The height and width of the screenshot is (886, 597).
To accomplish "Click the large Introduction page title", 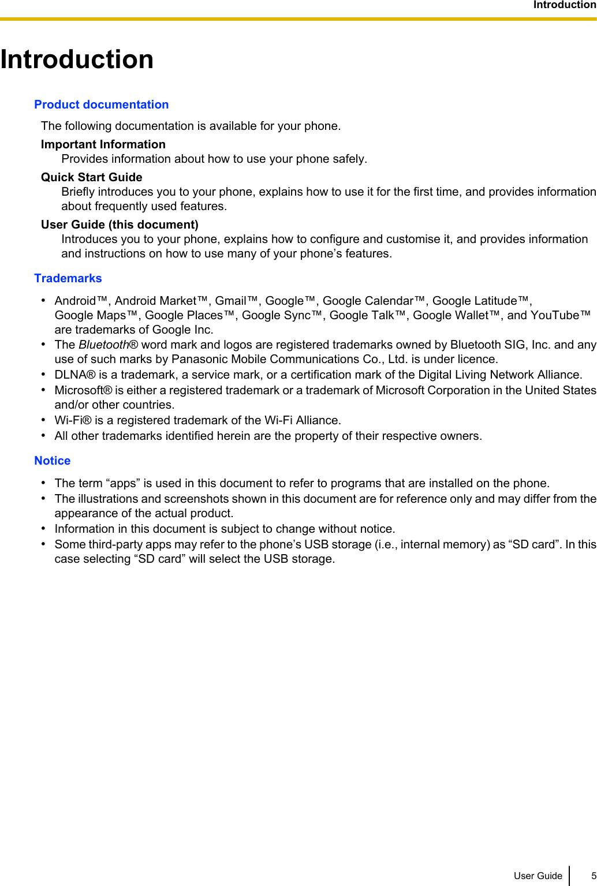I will (77, 59).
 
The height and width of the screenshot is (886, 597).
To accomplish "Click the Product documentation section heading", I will (101, 104).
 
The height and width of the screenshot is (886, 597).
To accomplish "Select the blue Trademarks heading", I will (68, 278).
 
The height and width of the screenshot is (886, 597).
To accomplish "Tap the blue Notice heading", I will (52, 461).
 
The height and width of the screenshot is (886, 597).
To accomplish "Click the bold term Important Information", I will (103, 144).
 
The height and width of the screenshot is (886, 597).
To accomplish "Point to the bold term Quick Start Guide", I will (91, 177).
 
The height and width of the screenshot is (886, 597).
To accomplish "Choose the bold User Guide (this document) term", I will (120, 225).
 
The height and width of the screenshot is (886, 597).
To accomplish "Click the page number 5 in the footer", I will (593, 876).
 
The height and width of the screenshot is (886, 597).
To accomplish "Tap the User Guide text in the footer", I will (538, 876).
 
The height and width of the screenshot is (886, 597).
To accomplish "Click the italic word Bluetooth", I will (104, 345).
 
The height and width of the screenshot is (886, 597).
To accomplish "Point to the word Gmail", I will (231, 301).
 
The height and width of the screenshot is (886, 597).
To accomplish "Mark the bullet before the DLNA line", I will (43, 374).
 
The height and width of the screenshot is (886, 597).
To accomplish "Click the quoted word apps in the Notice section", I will (122, 483).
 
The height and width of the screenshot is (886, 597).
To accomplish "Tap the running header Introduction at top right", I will (564, 5).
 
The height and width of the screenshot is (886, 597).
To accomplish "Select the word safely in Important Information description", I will (348, 159).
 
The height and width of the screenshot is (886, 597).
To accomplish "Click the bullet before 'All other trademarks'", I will (43, 435).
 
